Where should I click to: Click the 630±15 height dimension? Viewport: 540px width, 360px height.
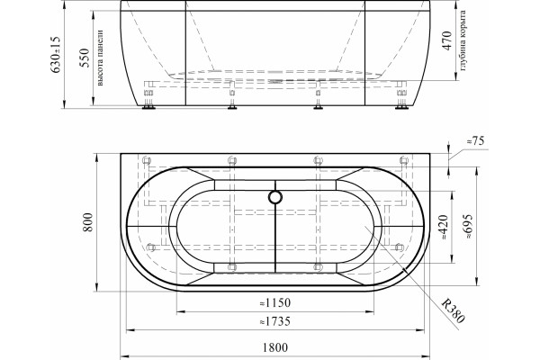(x=56, y=55)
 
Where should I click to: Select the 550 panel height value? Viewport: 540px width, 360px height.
(x=85, y=58)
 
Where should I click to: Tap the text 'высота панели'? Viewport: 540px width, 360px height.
(x=100, y=58)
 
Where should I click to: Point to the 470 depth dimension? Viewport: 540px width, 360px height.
(x=447, y=40)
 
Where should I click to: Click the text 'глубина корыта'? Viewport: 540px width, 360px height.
(x=463, y=40)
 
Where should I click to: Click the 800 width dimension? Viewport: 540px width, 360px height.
(x=88, y=222)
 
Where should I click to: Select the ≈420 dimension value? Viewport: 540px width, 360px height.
(x=445, y=228)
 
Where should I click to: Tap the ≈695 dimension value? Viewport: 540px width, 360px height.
(x=469, y=227)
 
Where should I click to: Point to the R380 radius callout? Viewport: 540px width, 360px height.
(x=454, y=311)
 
